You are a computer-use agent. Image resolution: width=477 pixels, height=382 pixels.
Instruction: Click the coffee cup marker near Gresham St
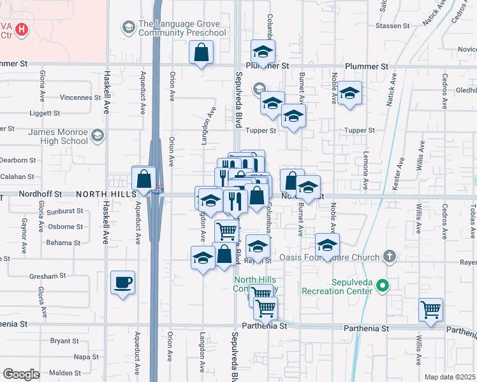click(122, 282)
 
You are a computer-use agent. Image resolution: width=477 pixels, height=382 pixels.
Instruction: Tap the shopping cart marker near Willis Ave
click(431, 310)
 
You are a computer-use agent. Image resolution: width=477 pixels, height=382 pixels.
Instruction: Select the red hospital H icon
click(22, 29)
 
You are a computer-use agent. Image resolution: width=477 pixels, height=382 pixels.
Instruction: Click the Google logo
click(20, 374)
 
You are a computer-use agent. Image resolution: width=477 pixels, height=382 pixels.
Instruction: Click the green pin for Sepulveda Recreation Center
click(383, 286)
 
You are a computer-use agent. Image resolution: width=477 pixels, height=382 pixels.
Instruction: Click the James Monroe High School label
click(57, 136)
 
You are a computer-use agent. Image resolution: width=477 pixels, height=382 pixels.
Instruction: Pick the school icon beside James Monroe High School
click(98, 136)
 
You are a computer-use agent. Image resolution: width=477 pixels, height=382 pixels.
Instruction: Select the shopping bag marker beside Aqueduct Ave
click(144, 178)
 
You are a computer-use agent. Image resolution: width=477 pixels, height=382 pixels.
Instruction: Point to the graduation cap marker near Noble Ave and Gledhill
click(349, 94)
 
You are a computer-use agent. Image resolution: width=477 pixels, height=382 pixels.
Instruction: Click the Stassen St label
click(392, 26)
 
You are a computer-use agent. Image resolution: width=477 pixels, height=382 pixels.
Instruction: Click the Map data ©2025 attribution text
click(450, 377)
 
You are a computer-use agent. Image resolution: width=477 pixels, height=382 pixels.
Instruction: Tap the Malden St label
click(65, 372)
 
